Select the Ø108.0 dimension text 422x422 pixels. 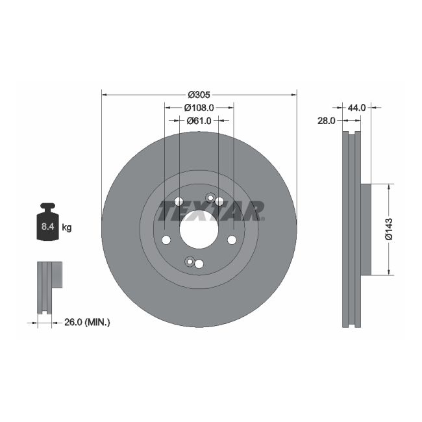pos(199,107)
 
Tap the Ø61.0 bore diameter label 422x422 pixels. pos(199,120)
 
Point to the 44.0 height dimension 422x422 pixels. pos(358,107)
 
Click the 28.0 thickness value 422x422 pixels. pos(326,121)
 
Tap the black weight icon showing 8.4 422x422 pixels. pos(47,223)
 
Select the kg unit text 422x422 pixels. pos(66,227)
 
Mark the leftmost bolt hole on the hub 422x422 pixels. pos(166,241)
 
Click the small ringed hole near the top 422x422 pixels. pos(210,198)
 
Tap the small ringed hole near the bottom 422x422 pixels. pos(190,262)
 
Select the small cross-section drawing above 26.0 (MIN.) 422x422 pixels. pos(49,286)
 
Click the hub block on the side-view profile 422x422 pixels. pos(366,229)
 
